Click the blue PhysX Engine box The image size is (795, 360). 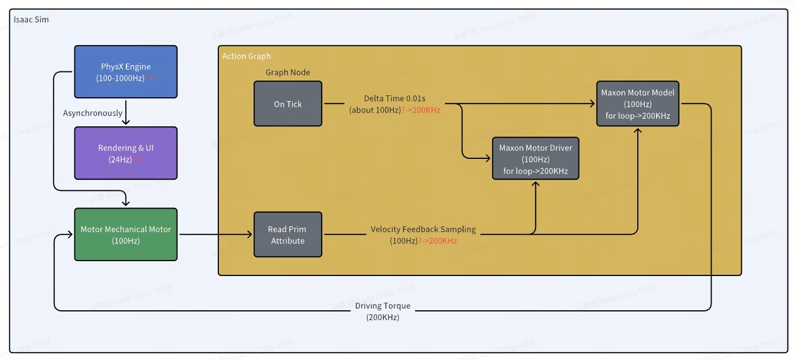[x=126, y=71]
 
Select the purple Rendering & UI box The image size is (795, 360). [x=126, y=153]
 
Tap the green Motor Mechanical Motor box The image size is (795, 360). [x=126, y=234]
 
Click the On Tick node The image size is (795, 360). [x=288, y=104]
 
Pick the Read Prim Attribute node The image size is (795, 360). [x=288, y=235]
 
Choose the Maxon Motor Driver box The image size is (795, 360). [x=536, y=159]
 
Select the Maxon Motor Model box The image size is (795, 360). [x=637, y=104]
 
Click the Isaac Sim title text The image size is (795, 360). [x=31, y=20]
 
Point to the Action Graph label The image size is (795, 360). [x=246, y=56]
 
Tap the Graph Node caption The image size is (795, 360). [x=288, y=73]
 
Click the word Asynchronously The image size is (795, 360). [x=93, y=113]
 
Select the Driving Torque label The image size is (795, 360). [x=383, y=306]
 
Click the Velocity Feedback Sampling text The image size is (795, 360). [x=423, y=229]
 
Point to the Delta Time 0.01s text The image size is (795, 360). [x=395, y=98]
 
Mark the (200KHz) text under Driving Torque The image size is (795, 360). [x=383, y=317]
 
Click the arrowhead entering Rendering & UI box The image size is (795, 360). [x=126, y=122]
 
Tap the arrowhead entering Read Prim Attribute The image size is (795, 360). [x=249, y=234]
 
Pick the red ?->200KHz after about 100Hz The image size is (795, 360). [x=421, y=110]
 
